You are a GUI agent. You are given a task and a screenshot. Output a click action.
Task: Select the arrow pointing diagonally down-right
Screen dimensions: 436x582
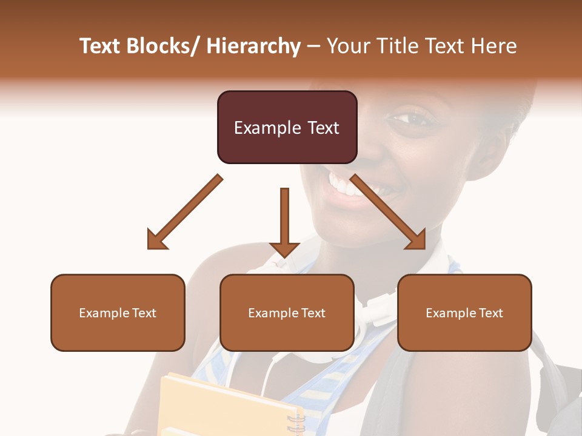[389, 213]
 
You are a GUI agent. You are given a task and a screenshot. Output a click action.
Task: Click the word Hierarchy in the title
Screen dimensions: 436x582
[253, 46]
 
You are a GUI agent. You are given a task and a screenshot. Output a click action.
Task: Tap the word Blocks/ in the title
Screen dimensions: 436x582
[163, 46]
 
